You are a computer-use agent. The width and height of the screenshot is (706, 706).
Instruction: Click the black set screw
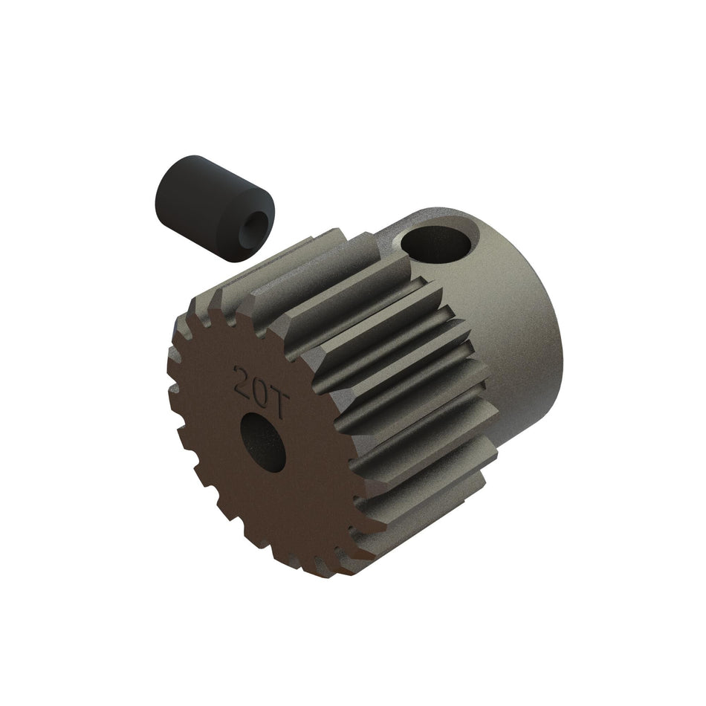click(x=212, y=208)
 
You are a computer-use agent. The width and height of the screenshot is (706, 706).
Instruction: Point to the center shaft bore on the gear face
click(x=263, y=442)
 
